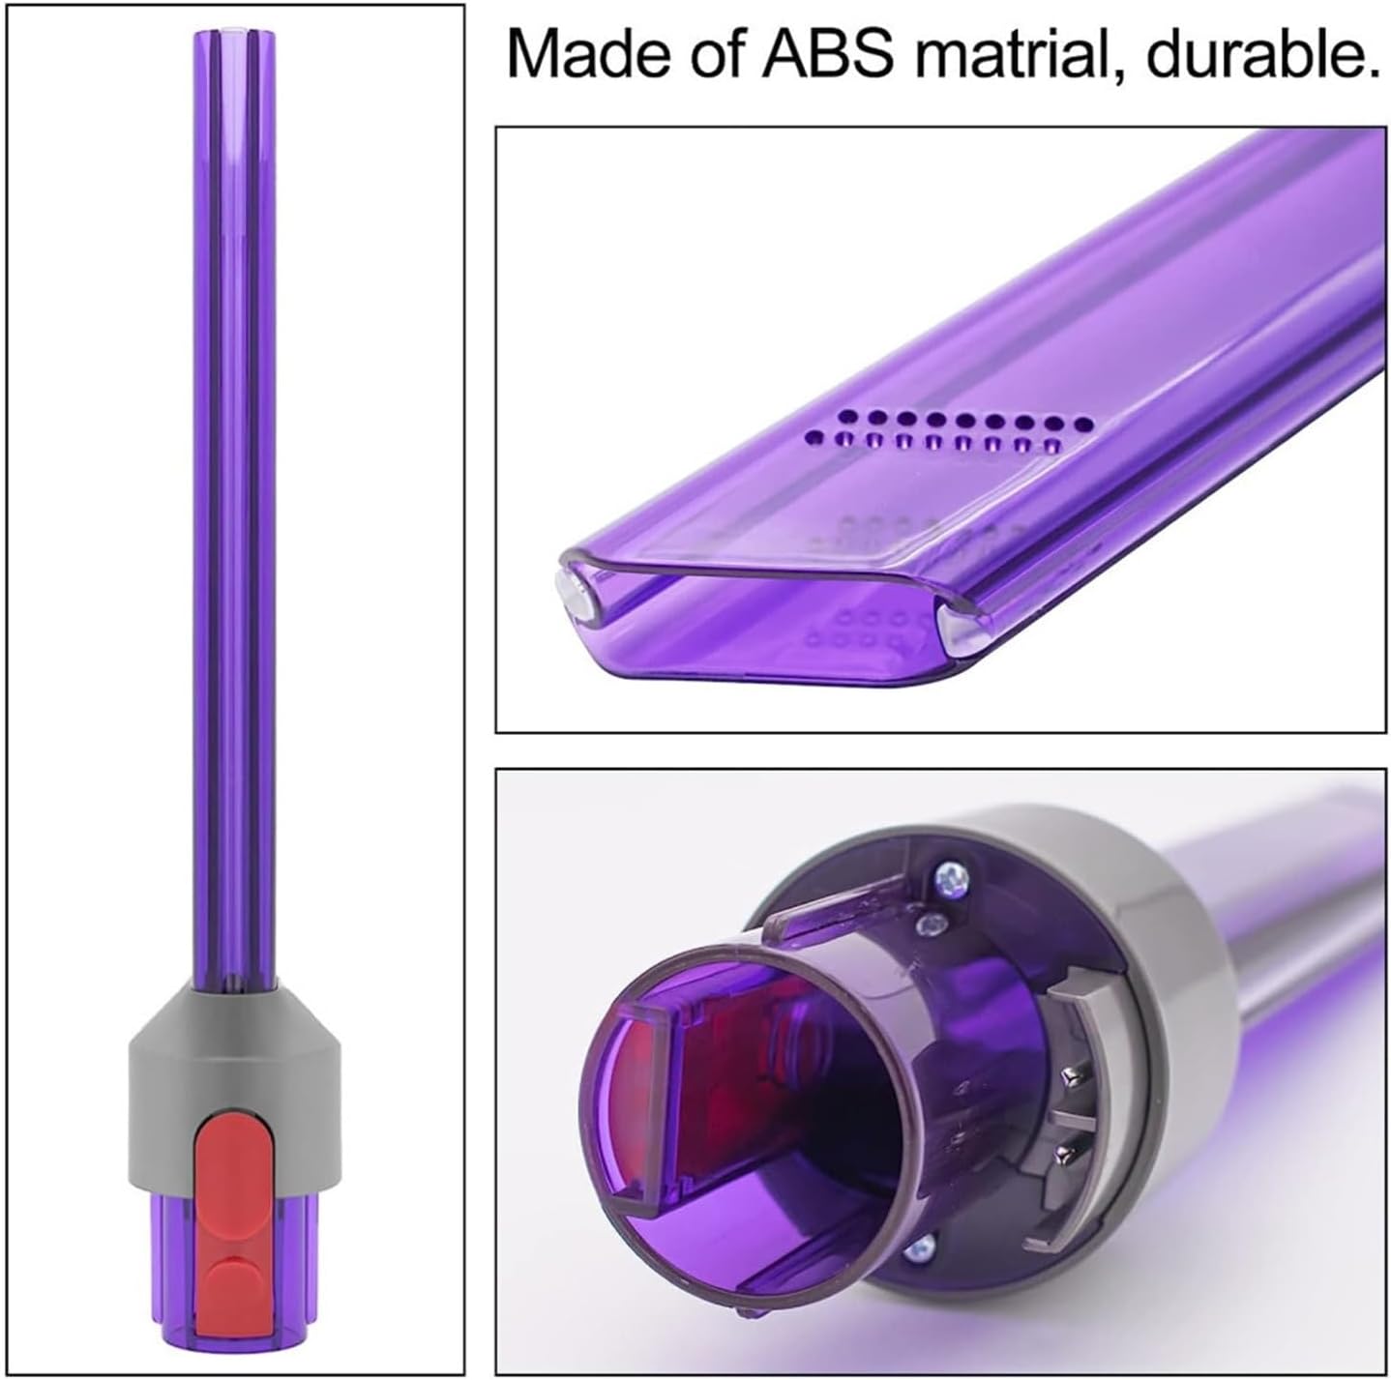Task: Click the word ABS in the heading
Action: tap(828, 55)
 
